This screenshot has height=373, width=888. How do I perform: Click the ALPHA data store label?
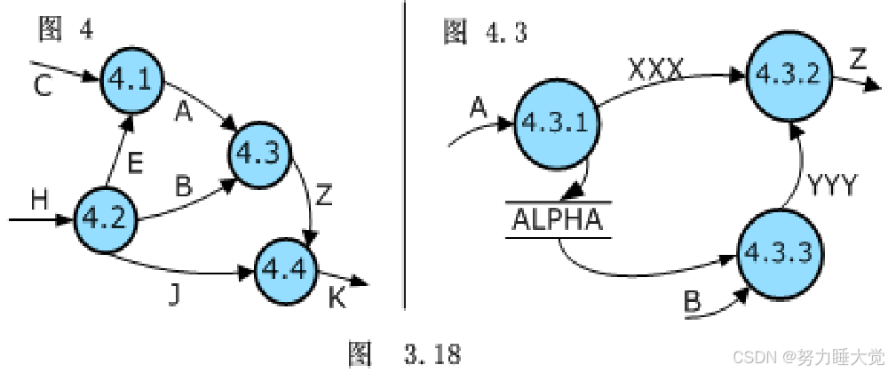[556, 219]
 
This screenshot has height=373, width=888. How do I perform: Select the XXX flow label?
[656, 68]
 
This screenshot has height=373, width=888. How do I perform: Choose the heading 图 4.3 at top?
[484, 33]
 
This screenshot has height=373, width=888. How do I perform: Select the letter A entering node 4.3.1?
[479, 107]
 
